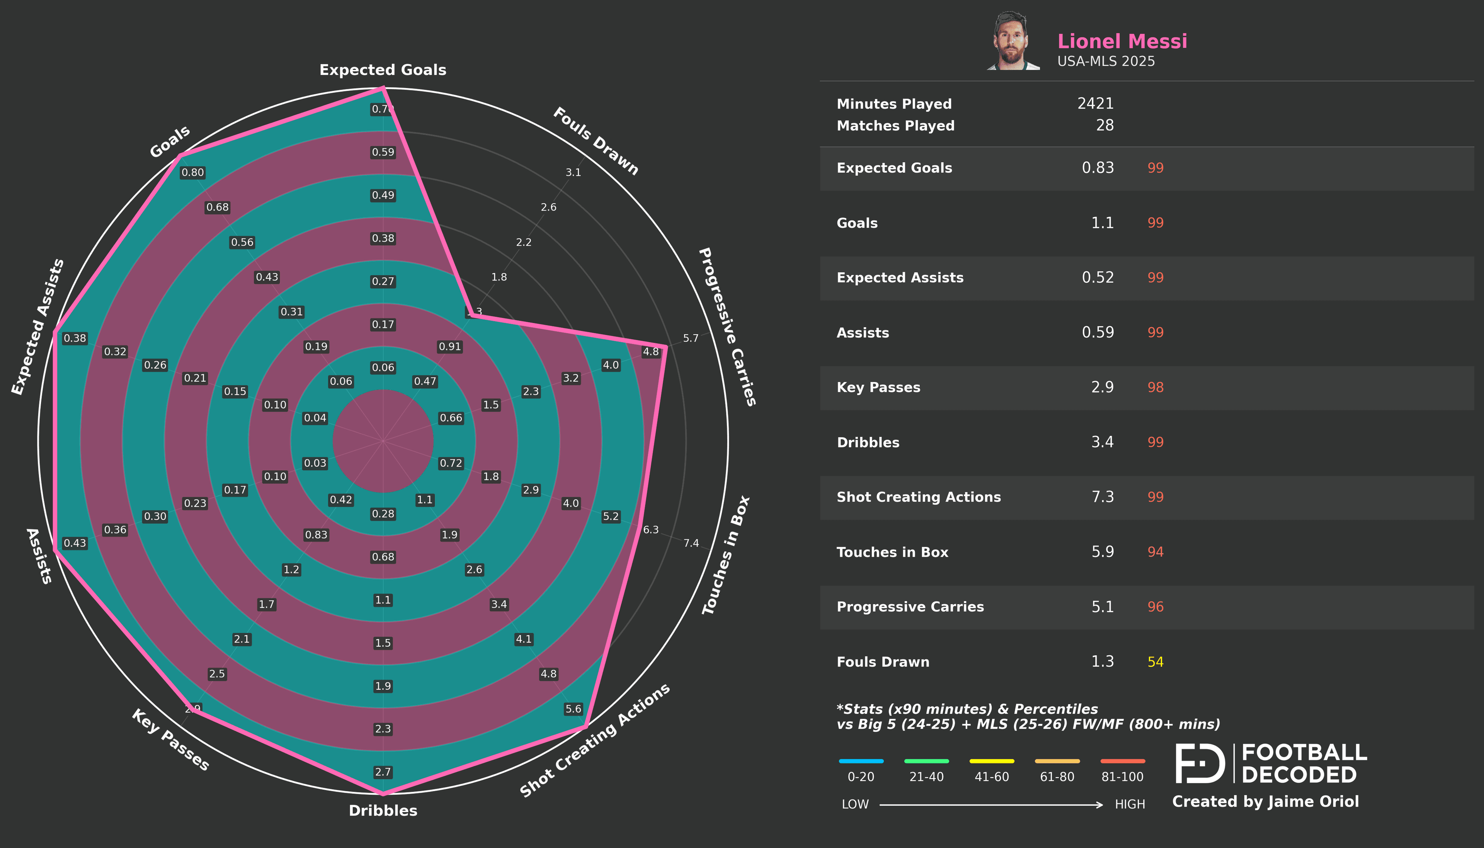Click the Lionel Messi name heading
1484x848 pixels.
pos(1122,41)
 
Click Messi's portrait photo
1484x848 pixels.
pos(1013,41)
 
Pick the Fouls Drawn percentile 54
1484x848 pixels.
pos(1155,662)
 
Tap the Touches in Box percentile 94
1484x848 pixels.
pos(1155,552)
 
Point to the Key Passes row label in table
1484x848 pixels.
pos(878,387)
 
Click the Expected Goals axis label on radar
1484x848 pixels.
pos(383,70)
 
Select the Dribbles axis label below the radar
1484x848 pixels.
pos(383,810)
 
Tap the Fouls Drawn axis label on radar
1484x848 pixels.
pos(595,141)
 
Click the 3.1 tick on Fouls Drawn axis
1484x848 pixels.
pos(573,172)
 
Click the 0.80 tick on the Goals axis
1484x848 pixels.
pos(193,172)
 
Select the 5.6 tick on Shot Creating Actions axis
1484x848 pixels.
pos(573,709)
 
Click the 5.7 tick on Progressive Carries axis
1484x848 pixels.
pos(690,338)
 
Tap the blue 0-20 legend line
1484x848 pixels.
pos(861,761)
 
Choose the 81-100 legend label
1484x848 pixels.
pos(1122,777)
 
